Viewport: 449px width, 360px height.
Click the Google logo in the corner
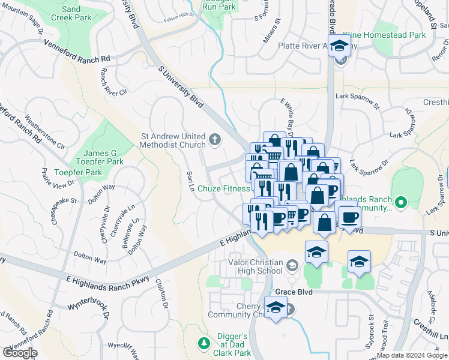coord(20,353)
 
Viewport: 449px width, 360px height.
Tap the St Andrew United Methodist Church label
coord(172,140)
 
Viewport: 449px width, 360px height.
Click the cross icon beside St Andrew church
coord(215,140)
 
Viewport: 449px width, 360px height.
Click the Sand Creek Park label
coord(71,13)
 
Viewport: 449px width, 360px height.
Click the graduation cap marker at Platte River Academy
coord(340,46)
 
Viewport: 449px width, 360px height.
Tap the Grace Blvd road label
coord(295,292)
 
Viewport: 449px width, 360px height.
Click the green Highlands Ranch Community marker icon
coord(400,200)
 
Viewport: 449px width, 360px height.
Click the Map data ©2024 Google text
coord(412,355)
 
